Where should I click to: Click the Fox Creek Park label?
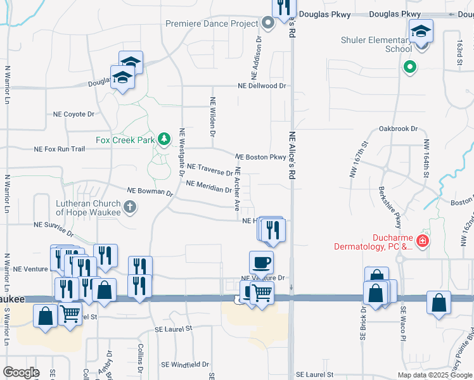(x=125, y=139)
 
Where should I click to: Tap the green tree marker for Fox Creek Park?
(x=164, y=139)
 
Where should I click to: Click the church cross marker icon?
(x=129, y=206)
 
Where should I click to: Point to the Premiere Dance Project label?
(x=212, y=23)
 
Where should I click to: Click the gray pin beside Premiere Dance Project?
(x=267, y=23)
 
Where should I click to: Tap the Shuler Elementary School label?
(x=376, y=44)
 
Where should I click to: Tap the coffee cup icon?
(x=261, y=262)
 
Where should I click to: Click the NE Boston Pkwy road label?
(x=260, y=157)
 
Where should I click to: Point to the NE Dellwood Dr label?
(x=262, y=85)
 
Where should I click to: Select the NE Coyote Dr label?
(x=74, y=115)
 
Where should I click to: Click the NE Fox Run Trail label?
(x=59, y=149)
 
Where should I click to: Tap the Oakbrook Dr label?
(x=398, y=129)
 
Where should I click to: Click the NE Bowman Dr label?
(x=150, y=191)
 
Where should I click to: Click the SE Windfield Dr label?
(x=184, y=364)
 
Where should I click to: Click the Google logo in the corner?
(x=21, y=372)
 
